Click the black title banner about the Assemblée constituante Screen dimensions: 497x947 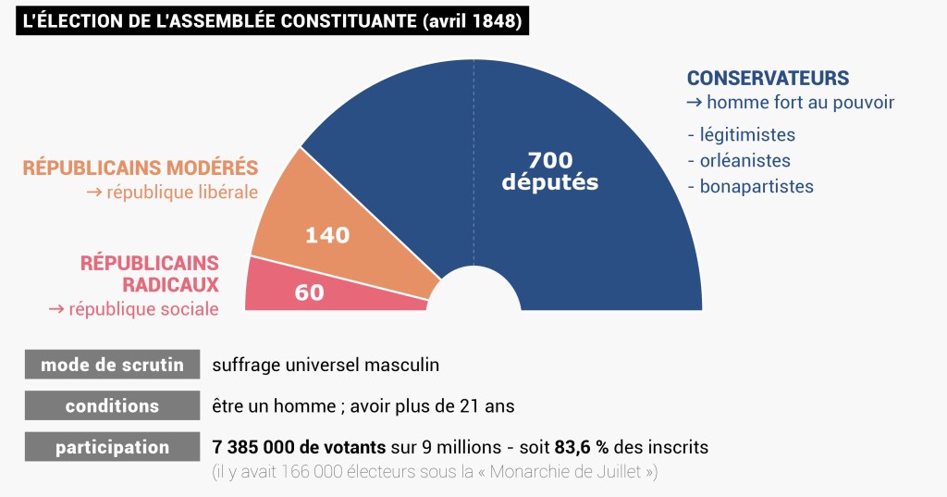[272, 20]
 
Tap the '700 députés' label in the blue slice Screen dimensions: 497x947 [550, 171]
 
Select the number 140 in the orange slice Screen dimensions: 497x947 [327, 235]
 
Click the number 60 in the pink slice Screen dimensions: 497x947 [309, 292]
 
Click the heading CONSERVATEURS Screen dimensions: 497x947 [768, 79]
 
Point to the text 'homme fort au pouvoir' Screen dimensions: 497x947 [800, 102]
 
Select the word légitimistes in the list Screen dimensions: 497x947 [747, 135]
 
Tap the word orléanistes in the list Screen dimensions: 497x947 [744, 160]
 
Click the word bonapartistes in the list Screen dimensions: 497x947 [756, 186]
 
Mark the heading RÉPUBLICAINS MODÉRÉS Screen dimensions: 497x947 [141, 168]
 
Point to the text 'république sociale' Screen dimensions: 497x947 [143, 309]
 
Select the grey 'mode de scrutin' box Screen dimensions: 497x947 [112, 365]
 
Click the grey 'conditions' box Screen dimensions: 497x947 [112, 406]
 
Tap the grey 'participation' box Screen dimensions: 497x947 [112, 448]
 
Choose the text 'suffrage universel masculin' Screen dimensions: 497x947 [326, 365]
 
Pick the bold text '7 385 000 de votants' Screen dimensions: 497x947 [298, 448]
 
